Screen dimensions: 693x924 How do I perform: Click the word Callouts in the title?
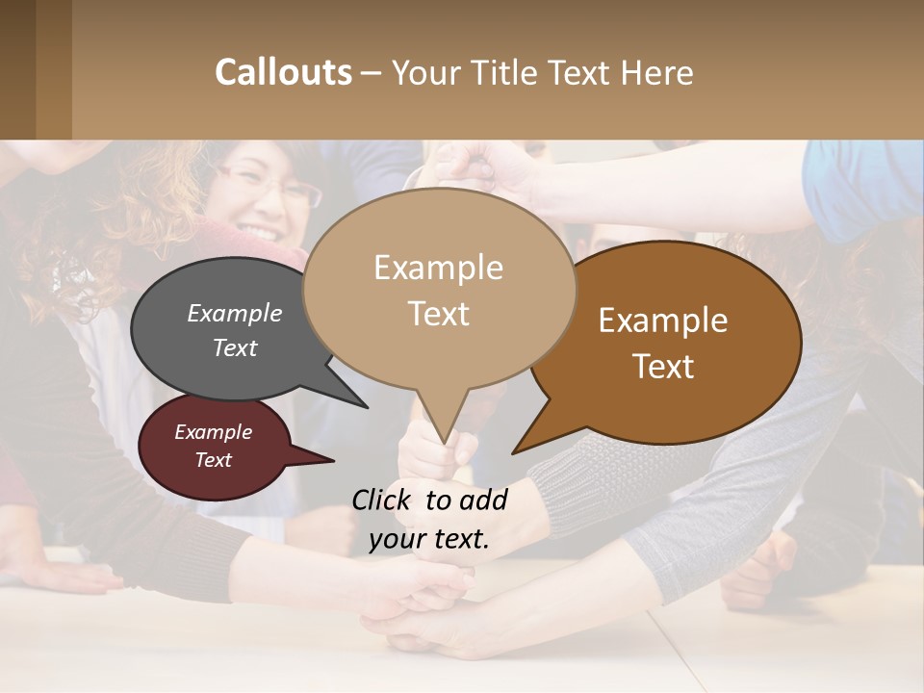pyautogui.click(x=283, y=73)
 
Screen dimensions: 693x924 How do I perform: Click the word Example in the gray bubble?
pyautogui.click(x=235, y=314)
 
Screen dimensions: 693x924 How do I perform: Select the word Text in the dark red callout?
pyautogui.click(x=214, y=461)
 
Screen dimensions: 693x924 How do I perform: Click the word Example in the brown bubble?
pyautogui.click(x=663, y=321)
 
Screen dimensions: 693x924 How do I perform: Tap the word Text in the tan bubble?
pyautogui.click(x=438, y=314)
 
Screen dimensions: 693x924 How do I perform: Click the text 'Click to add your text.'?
pyautogui.click(x=429, y=520)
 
